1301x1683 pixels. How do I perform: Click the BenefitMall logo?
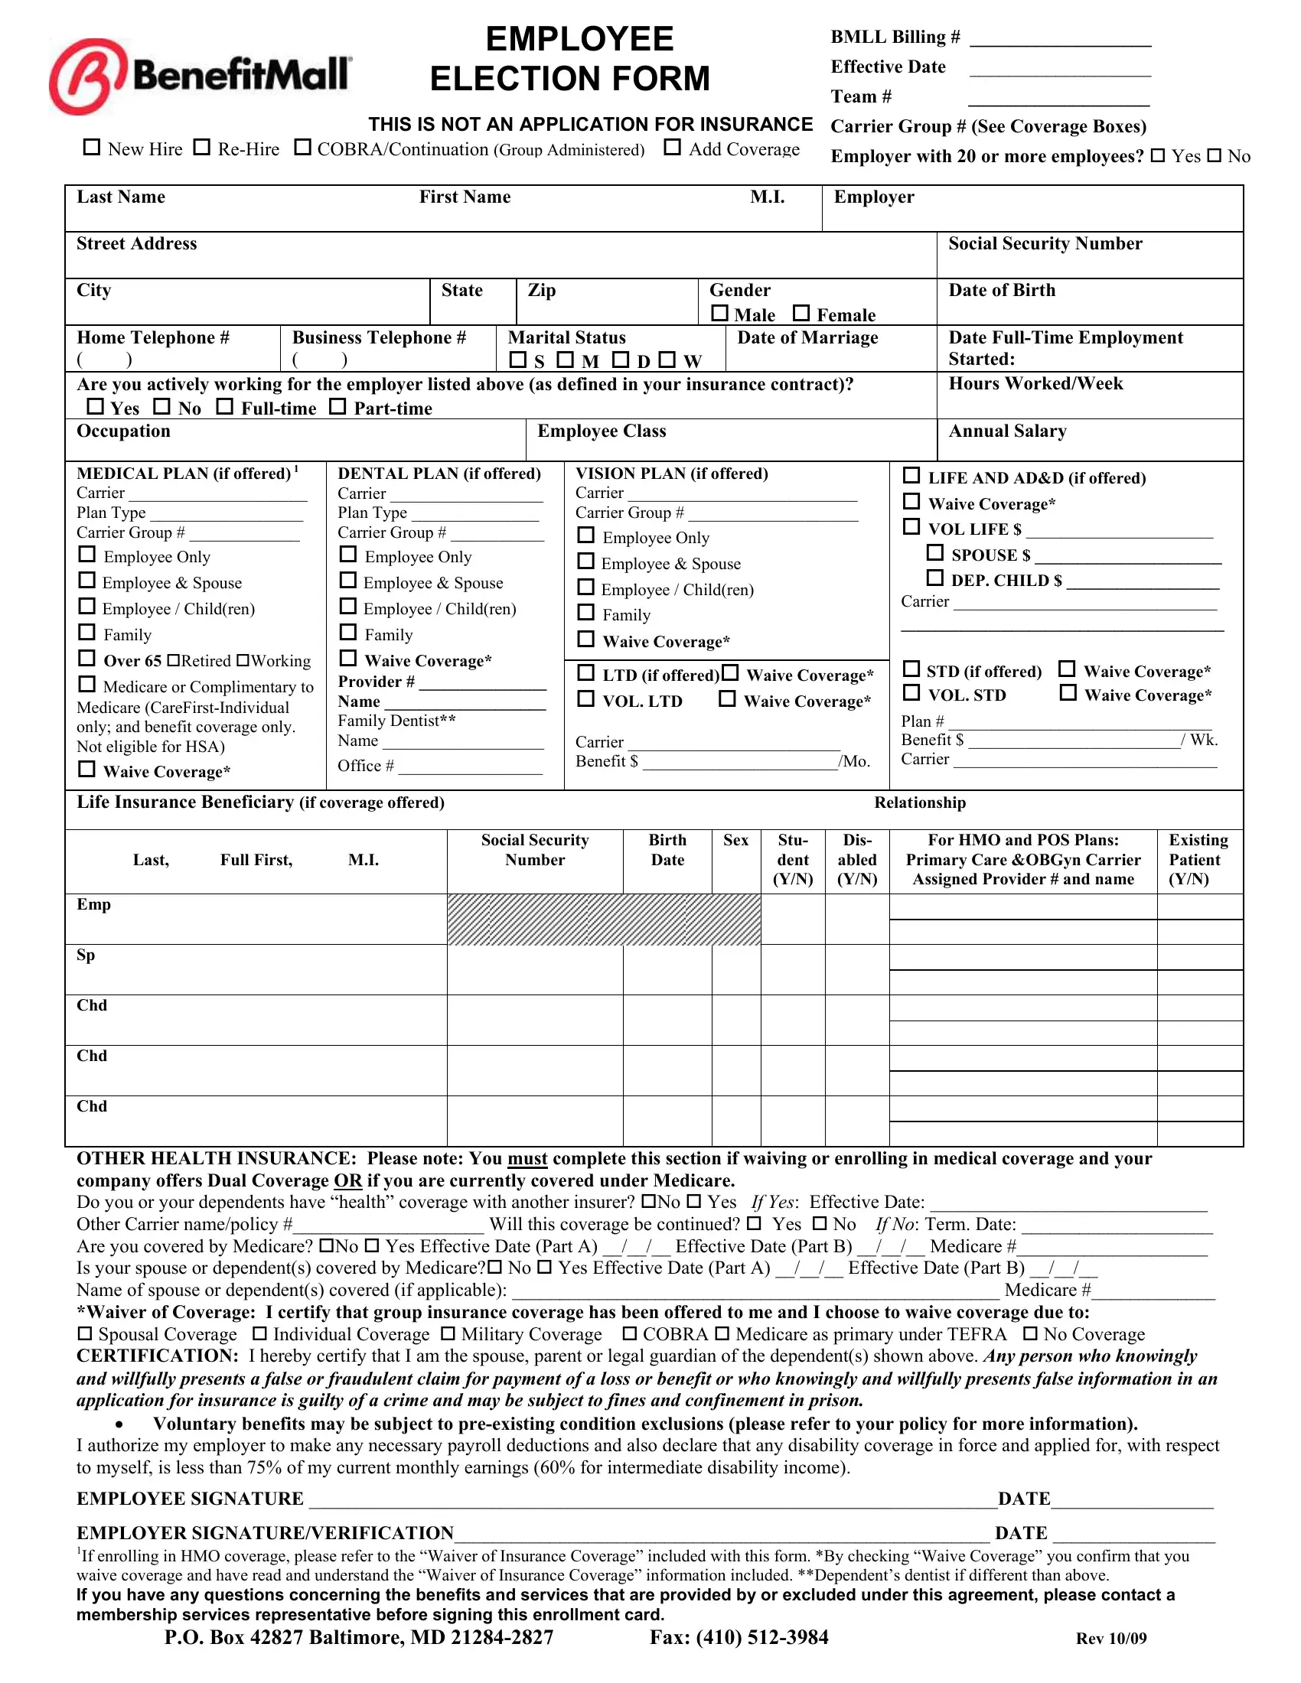200,76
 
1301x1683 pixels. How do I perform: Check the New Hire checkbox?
92,147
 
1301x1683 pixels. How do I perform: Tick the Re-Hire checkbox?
202,147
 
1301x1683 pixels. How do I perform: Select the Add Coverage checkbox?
673,147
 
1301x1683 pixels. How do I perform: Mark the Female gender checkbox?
801,313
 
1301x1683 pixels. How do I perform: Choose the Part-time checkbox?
337,406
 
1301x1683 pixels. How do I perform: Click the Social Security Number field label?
1045,243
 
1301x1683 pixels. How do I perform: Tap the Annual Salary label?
1006,431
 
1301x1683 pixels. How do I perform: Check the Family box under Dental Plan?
348,633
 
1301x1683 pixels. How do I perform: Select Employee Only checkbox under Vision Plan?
585,535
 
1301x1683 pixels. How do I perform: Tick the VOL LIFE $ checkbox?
911,526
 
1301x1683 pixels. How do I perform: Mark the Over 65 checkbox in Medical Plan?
87,658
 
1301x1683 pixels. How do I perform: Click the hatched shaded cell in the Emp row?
604,920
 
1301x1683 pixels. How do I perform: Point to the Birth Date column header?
667,849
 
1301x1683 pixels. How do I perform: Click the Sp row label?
86,955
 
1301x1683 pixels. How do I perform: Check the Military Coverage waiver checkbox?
448,1334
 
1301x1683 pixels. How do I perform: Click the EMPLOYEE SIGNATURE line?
651,1499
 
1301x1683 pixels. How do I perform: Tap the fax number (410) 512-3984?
739,1638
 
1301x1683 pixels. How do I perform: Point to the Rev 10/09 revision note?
1110,1639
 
